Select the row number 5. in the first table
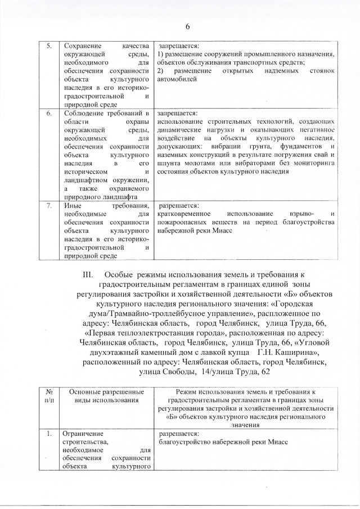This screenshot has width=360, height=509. pos(48,46)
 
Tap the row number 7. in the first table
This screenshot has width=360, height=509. pos(48,206)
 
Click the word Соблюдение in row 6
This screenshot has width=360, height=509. pos(84,113)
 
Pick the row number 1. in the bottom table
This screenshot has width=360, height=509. pos(49,434)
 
